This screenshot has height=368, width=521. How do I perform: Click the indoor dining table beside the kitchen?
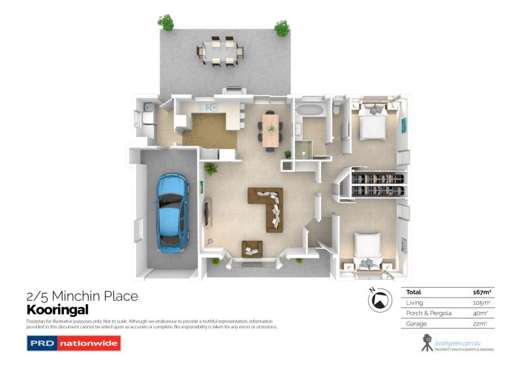click(x=270, y=130)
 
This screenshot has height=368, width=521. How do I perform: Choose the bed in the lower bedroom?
click(x=368, y=251)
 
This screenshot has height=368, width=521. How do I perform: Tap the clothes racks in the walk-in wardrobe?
click(x=377, y=184)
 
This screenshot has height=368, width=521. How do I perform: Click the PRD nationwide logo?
click(x=74, y=343)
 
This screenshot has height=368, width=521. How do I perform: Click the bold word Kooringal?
click(x=57, y=310)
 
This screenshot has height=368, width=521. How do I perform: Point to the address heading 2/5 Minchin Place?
click(x=82, y=296)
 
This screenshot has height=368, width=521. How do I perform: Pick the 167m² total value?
click(x=481, y=292)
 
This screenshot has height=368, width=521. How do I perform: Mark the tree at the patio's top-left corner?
click(x=167, y=23)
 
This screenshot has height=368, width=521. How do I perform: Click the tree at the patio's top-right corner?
click(x=281, y=28)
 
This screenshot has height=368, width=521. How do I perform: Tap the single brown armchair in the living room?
click(x=252, y=248)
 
